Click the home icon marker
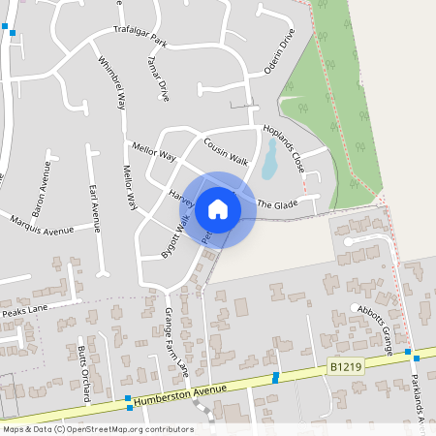(x=218, y=209)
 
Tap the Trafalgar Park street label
(x=140, y=37)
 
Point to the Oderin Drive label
(x=279, y=54)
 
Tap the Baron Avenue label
(x=42, y=196)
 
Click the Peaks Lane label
(x=24, y=312)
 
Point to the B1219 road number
(x=346, y=366)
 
